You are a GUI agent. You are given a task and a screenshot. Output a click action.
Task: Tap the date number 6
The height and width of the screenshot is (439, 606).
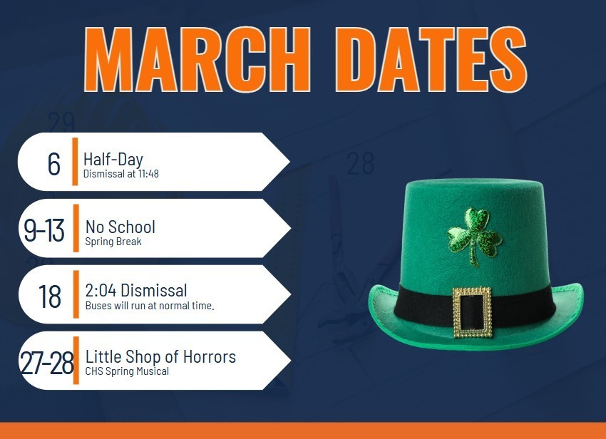click(x=54, y=163)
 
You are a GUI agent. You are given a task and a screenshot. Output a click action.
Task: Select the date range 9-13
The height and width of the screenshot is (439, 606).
click(x=44, y=229)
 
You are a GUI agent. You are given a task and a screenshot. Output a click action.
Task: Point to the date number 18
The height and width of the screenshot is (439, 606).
click(x=50, y=296)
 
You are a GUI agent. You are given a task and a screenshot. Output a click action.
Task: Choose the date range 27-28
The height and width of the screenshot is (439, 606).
click(x=47, y=362)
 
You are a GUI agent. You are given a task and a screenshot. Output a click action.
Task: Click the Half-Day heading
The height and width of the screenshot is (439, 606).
click(x=113, y=160)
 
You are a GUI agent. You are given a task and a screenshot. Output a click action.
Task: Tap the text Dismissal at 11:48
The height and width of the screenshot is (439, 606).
click(x=120, y=174)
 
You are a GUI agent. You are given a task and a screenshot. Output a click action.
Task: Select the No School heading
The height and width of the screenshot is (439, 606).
click(x=120, y=227)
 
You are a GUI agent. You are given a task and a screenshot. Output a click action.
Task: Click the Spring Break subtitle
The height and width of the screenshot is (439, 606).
click(x=113, y=242)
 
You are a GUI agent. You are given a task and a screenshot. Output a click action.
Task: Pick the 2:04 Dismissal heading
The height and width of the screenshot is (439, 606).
click(x=135, y=290)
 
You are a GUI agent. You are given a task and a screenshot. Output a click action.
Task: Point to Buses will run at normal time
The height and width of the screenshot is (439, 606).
click(x=150, y=306)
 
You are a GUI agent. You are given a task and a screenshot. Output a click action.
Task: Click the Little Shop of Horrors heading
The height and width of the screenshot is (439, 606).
click(x=160, y=356)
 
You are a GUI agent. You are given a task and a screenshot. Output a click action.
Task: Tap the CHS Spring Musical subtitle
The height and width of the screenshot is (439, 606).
click(x=127, y=371)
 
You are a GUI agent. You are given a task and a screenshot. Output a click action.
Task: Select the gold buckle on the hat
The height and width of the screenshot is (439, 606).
click(x=472, y=312)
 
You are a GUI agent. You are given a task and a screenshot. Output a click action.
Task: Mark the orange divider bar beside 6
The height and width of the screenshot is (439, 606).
click(x=75, y=161)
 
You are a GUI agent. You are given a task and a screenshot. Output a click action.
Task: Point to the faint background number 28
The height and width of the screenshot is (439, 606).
click(x=360, y=164)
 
